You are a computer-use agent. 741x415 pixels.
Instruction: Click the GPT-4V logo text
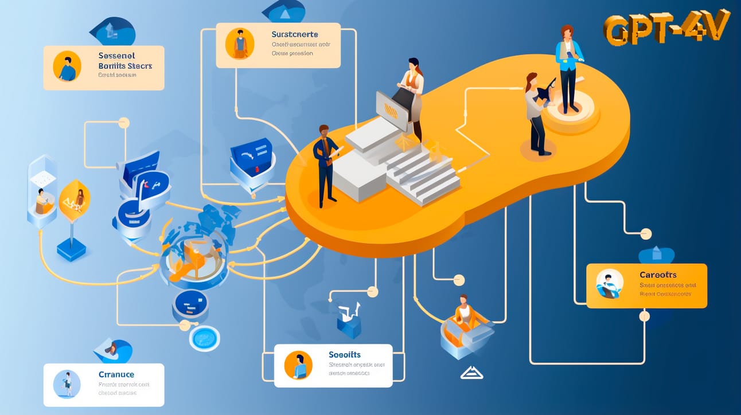(x=666, y=29)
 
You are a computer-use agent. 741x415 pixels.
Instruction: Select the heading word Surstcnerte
(x=295, y=34)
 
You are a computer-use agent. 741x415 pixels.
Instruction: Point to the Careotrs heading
(x=658, y=275)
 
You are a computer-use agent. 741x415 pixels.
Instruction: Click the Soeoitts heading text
(x=345, y=355)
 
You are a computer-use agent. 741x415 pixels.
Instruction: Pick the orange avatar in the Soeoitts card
(x=298, y=365)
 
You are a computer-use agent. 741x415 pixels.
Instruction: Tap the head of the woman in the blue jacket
(x=566, y=33)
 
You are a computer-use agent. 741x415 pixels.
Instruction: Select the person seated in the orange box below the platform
(x=463, y=312)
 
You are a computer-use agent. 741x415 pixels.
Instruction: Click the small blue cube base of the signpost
(x=72, y=249)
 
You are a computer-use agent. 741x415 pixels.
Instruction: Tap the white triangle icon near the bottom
(x=471, y=373)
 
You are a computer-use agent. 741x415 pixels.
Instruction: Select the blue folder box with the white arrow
(x=251, y=157)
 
